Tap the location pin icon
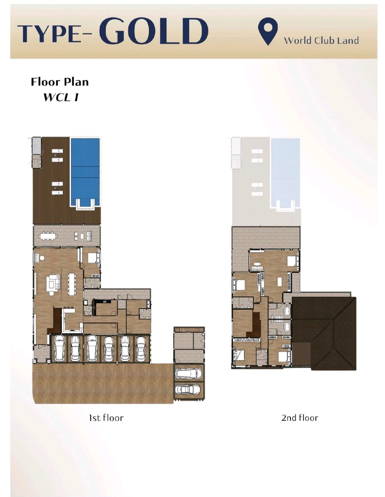268,31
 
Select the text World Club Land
321,41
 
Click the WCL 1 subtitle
61,97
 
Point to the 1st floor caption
106,418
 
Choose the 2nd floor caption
299,418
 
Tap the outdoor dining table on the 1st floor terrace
47,236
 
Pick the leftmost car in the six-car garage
59,348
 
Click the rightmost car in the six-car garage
141,349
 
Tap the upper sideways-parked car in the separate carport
188,374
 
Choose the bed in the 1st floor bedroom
92,258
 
